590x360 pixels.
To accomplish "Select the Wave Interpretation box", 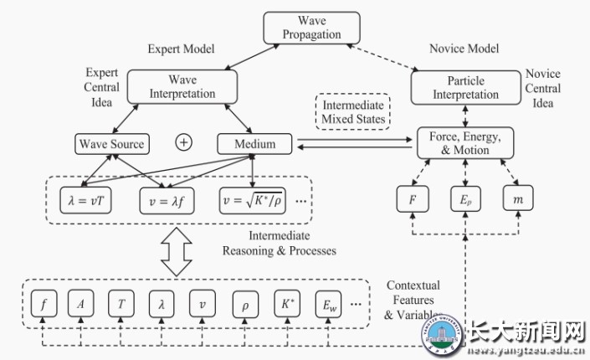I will (x=183, y=87).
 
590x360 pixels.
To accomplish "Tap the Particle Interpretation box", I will (x=465, y=87).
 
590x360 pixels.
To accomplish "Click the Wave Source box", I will (x=111, y=144).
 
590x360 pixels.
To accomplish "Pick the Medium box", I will (x=255, y=144).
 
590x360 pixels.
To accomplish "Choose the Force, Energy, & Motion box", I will (x=464, y=144).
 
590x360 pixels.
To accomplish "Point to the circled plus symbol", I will (x=184, y=144).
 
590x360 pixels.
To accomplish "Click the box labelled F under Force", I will (x=412, y=201).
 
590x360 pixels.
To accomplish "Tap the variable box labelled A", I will (x=80, y=303).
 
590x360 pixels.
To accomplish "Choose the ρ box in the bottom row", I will (x=244, y=303).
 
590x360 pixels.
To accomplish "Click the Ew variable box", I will (x=327, y=303).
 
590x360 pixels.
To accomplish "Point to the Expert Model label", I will (x=182, y=49).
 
